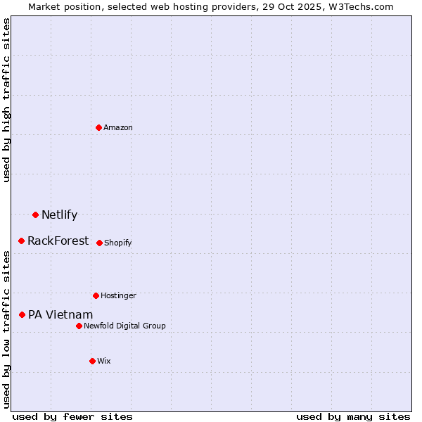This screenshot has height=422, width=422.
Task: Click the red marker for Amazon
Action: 98,127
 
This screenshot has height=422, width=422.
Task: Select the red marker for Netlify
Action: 35,215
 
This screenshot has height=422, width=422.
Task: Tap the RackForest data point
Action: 21,241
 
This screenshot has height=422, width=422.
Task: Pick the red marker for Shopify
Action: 99,243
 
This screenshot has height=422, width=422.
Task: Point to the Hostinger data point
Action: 96,295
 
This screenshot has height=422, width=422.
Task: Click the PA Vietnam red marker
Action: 22,314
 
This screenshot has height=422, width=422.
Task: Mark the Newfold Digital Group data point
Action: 79,326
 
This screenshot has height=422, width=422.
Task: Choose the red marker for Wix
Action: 92,361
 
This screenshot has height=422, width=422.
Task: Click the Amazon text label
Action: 118,127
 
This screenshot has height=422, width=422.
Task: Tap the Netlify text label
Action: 59,215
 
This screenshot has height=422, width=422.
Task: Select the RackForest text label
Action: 58,241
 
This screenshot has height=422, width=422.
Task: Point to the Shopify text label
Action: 118,243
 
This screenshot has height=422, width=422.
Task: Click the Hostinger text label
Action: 118,295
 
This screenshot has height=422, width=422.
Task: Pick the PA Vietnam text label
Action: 60,314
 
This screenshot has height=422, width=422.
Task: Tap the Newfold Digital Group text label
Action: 124,326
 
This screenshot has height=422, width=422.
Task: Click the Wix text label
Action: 104,361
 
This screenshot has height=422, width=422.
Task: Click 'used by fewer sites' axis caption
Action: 72,416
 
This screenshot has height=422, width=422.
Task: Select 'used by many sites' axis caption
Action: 353,416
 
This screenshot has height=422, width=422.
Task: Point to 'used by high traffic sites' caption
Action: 6,100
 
